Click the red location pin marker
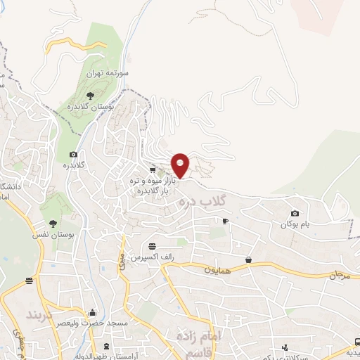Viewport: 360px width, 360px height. (x=181, y=165)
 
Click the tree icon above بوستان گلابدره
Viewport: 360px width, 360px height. (x=89, y=95)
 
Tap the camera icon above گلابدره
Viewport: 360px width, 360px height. (x=73, y=154)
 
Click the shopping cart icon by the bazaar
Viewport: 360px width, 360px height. (x=153, y=169)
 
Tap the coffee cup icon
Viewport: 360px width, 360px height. (x=225, y=221)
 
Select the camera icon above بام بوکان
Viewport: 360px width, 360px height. (x=295, y=213)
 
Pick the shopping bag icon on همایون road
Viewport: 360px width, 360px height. (x=248, y=259)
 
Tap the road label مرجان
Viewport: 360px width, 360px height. (x=337, y=275)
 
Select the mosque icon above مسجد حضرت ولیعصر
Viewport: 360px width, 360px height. (x=93, y=313)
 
